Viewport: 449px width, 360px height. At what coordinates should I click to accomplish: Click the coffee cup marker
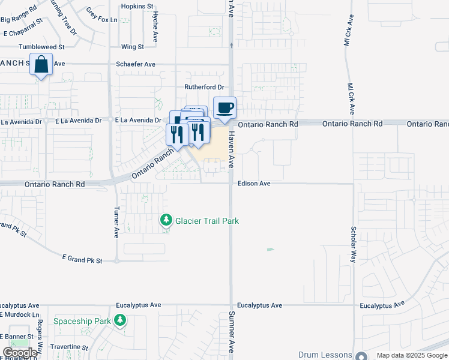coord(224,109)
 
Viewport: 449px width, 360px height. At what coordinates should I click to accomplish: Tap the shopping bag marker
coord(41,64)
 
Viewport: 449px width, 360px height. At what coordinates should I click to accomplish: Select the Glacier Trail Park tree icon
coord(166,221)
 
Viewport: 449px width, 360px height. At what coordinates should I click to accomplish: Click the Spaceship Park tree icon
coord(121,321)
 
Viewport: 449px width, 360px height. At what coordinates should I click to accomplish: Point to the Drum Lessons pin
coord(361,356)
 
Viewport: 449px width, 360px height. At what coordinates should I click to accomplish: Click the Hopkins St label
coord(137,6)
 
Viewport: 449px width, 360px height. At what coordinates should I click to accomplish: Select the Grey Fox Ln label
coord(101,15)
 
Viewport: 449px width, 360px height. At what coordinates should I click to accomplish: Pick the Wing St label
coord(132,46)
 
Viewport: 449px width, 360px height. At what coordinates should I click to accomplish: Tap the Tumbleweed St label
coord(41,46)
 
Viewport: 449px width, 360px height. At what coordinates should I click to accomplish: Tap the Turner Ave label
coord(116,223)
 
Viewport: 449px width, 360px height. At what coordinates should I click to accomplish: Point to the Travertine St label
coord(70,347)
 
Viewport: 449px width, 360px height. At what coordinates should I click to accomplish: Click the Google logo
coord(20,353)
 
